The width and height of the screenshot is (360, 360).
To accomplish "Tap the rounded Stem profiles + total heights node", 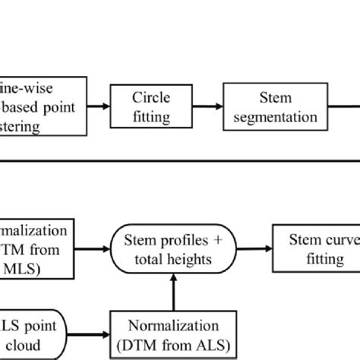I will [175, 250].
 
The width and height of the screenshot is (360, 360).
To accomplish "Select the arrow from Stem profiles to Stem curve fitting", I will [255, 249].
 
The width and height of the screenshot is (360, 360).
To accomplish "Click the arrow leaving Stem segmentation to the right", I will [349, 108].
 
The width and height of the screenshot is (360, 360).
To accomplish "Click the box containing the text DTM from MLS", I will [38, 250].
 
